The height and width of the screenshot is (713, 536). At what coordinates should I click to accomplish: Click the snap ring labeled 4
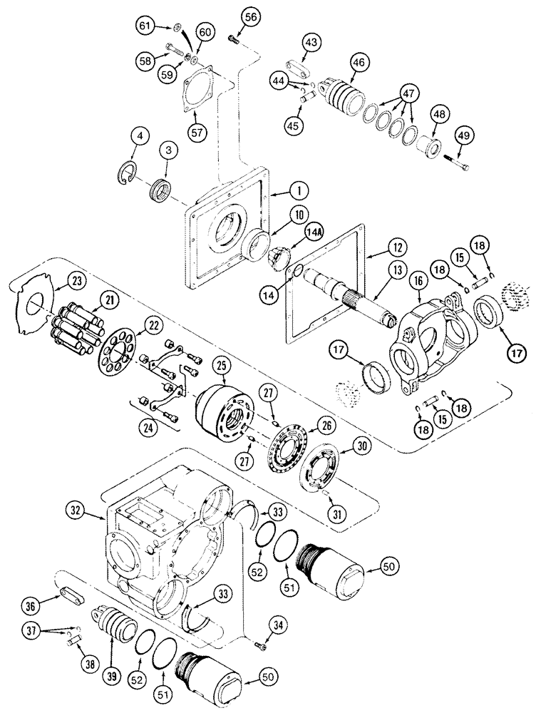pyautogui.click(x=127, y=173)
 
